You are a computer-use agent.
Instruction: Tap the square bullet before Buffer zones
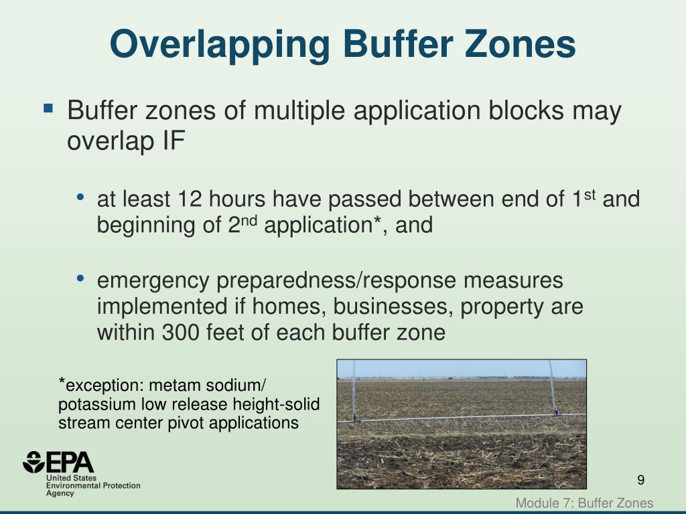48,107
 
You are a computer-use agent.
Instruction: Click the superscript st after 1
590,195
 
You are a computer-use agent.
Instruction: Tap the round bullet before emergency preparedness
80,278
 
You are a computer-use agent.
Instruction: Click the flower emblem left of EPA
33,462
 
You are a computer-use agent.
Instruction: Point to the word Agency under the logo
60,493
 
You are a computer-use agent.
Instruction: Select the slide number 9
640,480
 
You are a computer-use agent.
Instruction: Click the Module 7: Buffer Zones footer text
584,503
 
